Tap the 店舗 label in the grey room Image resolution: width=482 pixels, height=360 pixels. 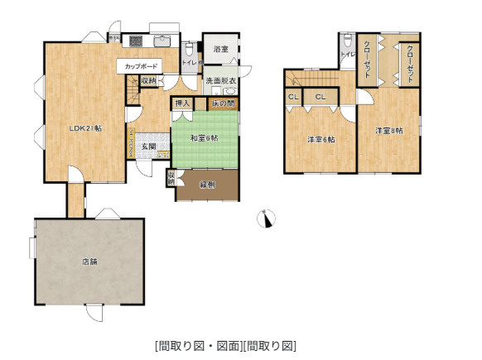point(89,262)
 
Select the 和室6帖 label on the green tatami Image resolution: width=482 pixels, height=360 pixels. point(204,137)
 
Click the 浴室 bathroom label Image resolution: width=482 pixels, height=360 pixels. point(220,50)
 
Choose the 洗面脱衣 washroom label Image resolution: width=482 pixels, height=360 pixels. point(221,80)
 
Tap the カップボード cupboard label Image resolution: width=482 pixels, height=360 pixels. point(142,65)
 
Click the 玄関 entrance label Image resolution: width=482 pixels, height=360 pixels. point(147,146)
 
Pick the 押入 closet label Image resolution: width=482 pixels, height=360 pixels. point(182,103)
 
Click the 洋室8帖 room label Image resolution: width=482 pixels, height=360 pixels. point(388,131)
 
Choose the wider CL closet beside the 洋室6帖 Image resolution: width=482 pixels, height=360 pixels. point(321,98)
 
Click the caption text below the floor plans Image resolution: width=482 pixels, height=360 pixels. point(225,345)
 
